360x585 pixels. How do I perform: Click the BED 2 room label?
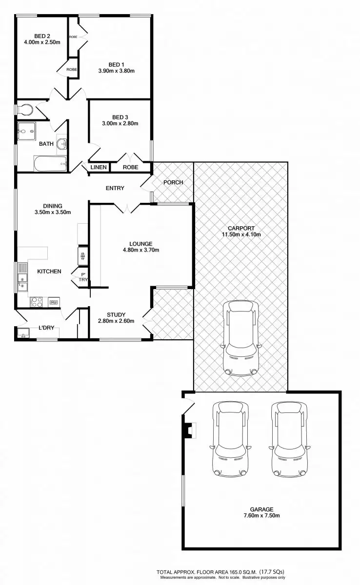point(42,36)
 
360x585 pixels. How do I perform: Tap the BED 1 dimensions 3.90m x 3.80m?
point(116,71)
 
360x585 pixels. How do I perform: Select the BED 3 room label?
point(120,117)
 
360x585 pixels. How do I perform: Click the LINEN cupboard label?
point(98,167)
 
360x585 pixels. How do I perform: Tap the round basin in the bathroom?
point(62,144)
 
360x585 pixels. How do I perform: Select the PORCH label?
point(173,182)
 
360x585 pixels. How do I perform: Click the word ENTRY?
point(115,188)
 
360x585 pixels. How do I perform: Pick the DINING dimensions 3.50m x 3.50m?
point(53,212)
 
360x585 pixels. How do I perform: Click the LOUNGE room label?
point(141,244)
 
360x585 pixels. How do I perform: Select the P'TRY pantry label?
point(84,277)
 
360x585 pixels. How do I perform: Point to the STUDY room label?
point(116,314)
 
